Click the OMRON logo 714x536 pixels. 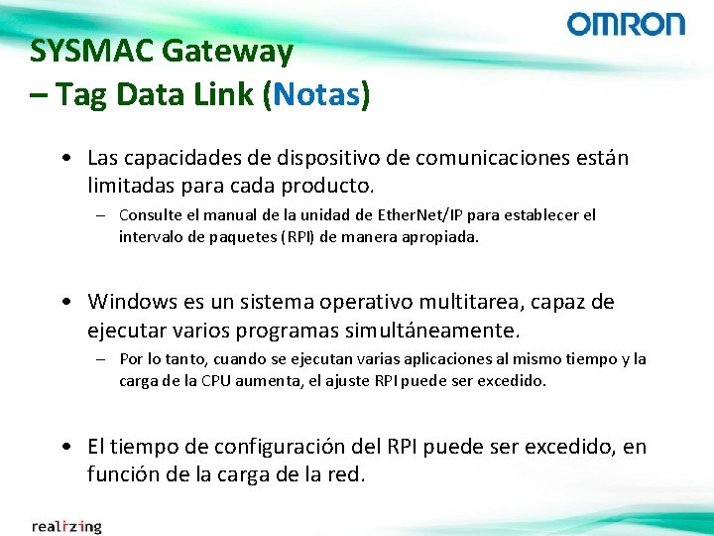[x=626, y=24]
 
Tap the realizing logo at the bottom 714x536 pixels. [x=66, y=525]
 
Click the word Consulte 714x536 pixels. [x=150, y=214]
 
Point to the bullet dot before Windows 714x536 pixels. [x=63, y=302]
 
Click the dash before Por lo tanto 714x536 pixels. [x=102, y=359]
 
